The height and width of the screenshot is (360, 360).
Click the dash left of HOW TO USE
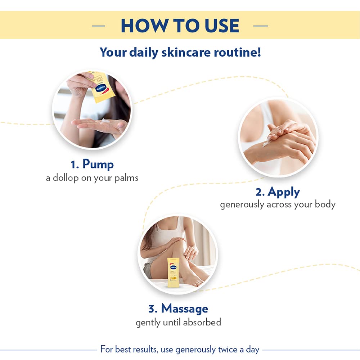pos(99,26)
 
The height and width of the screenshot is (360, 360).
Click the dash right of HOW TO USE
pos(261,26)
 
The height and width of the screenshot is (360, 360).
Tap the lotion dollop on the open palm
pos(106,121)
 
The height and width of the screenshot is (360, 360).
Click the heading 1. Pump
pos(92,164)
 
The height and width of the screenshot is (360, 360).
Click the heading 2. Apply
pos(278,192)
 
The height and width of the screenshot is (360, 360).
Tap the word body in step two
pos(326,205)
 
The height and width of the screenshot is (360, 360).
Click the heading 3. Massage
pos(178,308)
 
